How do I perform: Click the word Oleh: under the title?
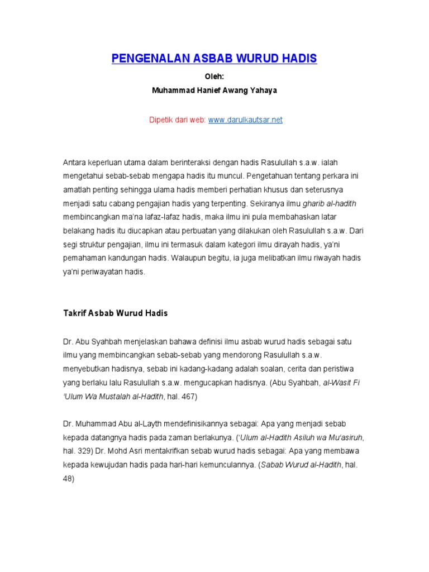click(x=214, y=78)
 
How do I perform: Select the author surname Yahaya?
click(x=261, y=89)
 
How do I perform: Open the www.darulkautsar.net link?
click(x=245, y=120)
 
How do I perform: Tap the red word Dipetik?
click(x=163, y=120)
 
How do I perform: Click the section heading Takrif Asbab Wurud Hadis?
click(x=115, y=313)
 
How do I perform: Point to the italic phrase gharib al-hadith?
click(x=332, y=203)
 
